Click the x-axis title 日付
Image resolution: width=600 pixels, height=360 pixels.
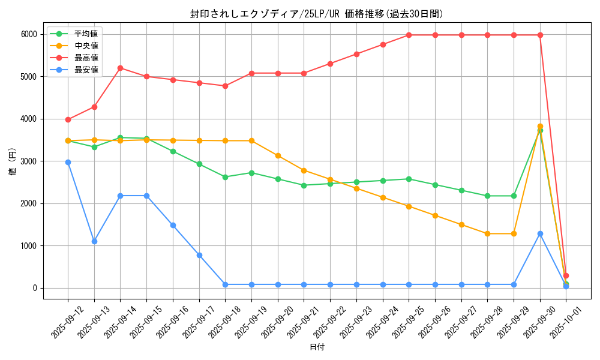(317, 347)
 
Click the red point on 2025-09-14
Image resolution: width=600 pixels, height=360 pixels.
(120, 68)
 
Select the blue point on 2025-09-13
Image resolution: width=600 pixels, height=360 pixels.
(94, 241)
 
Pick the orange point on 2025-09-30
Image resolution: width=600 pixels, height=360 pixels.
(540, 127)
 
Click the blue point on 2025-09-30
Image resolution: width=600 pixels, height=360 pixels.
(540, 233)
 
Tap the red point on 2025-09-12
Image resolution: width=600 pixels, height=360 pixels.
(68, 119)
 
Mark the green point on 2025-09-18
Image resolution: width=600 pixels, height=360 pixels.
(225, 177)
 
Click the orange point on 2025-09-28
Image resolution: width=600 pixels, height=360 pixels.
(487, 233)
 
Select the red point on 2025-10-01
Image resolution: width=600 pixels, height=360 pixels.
(566, 275)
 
